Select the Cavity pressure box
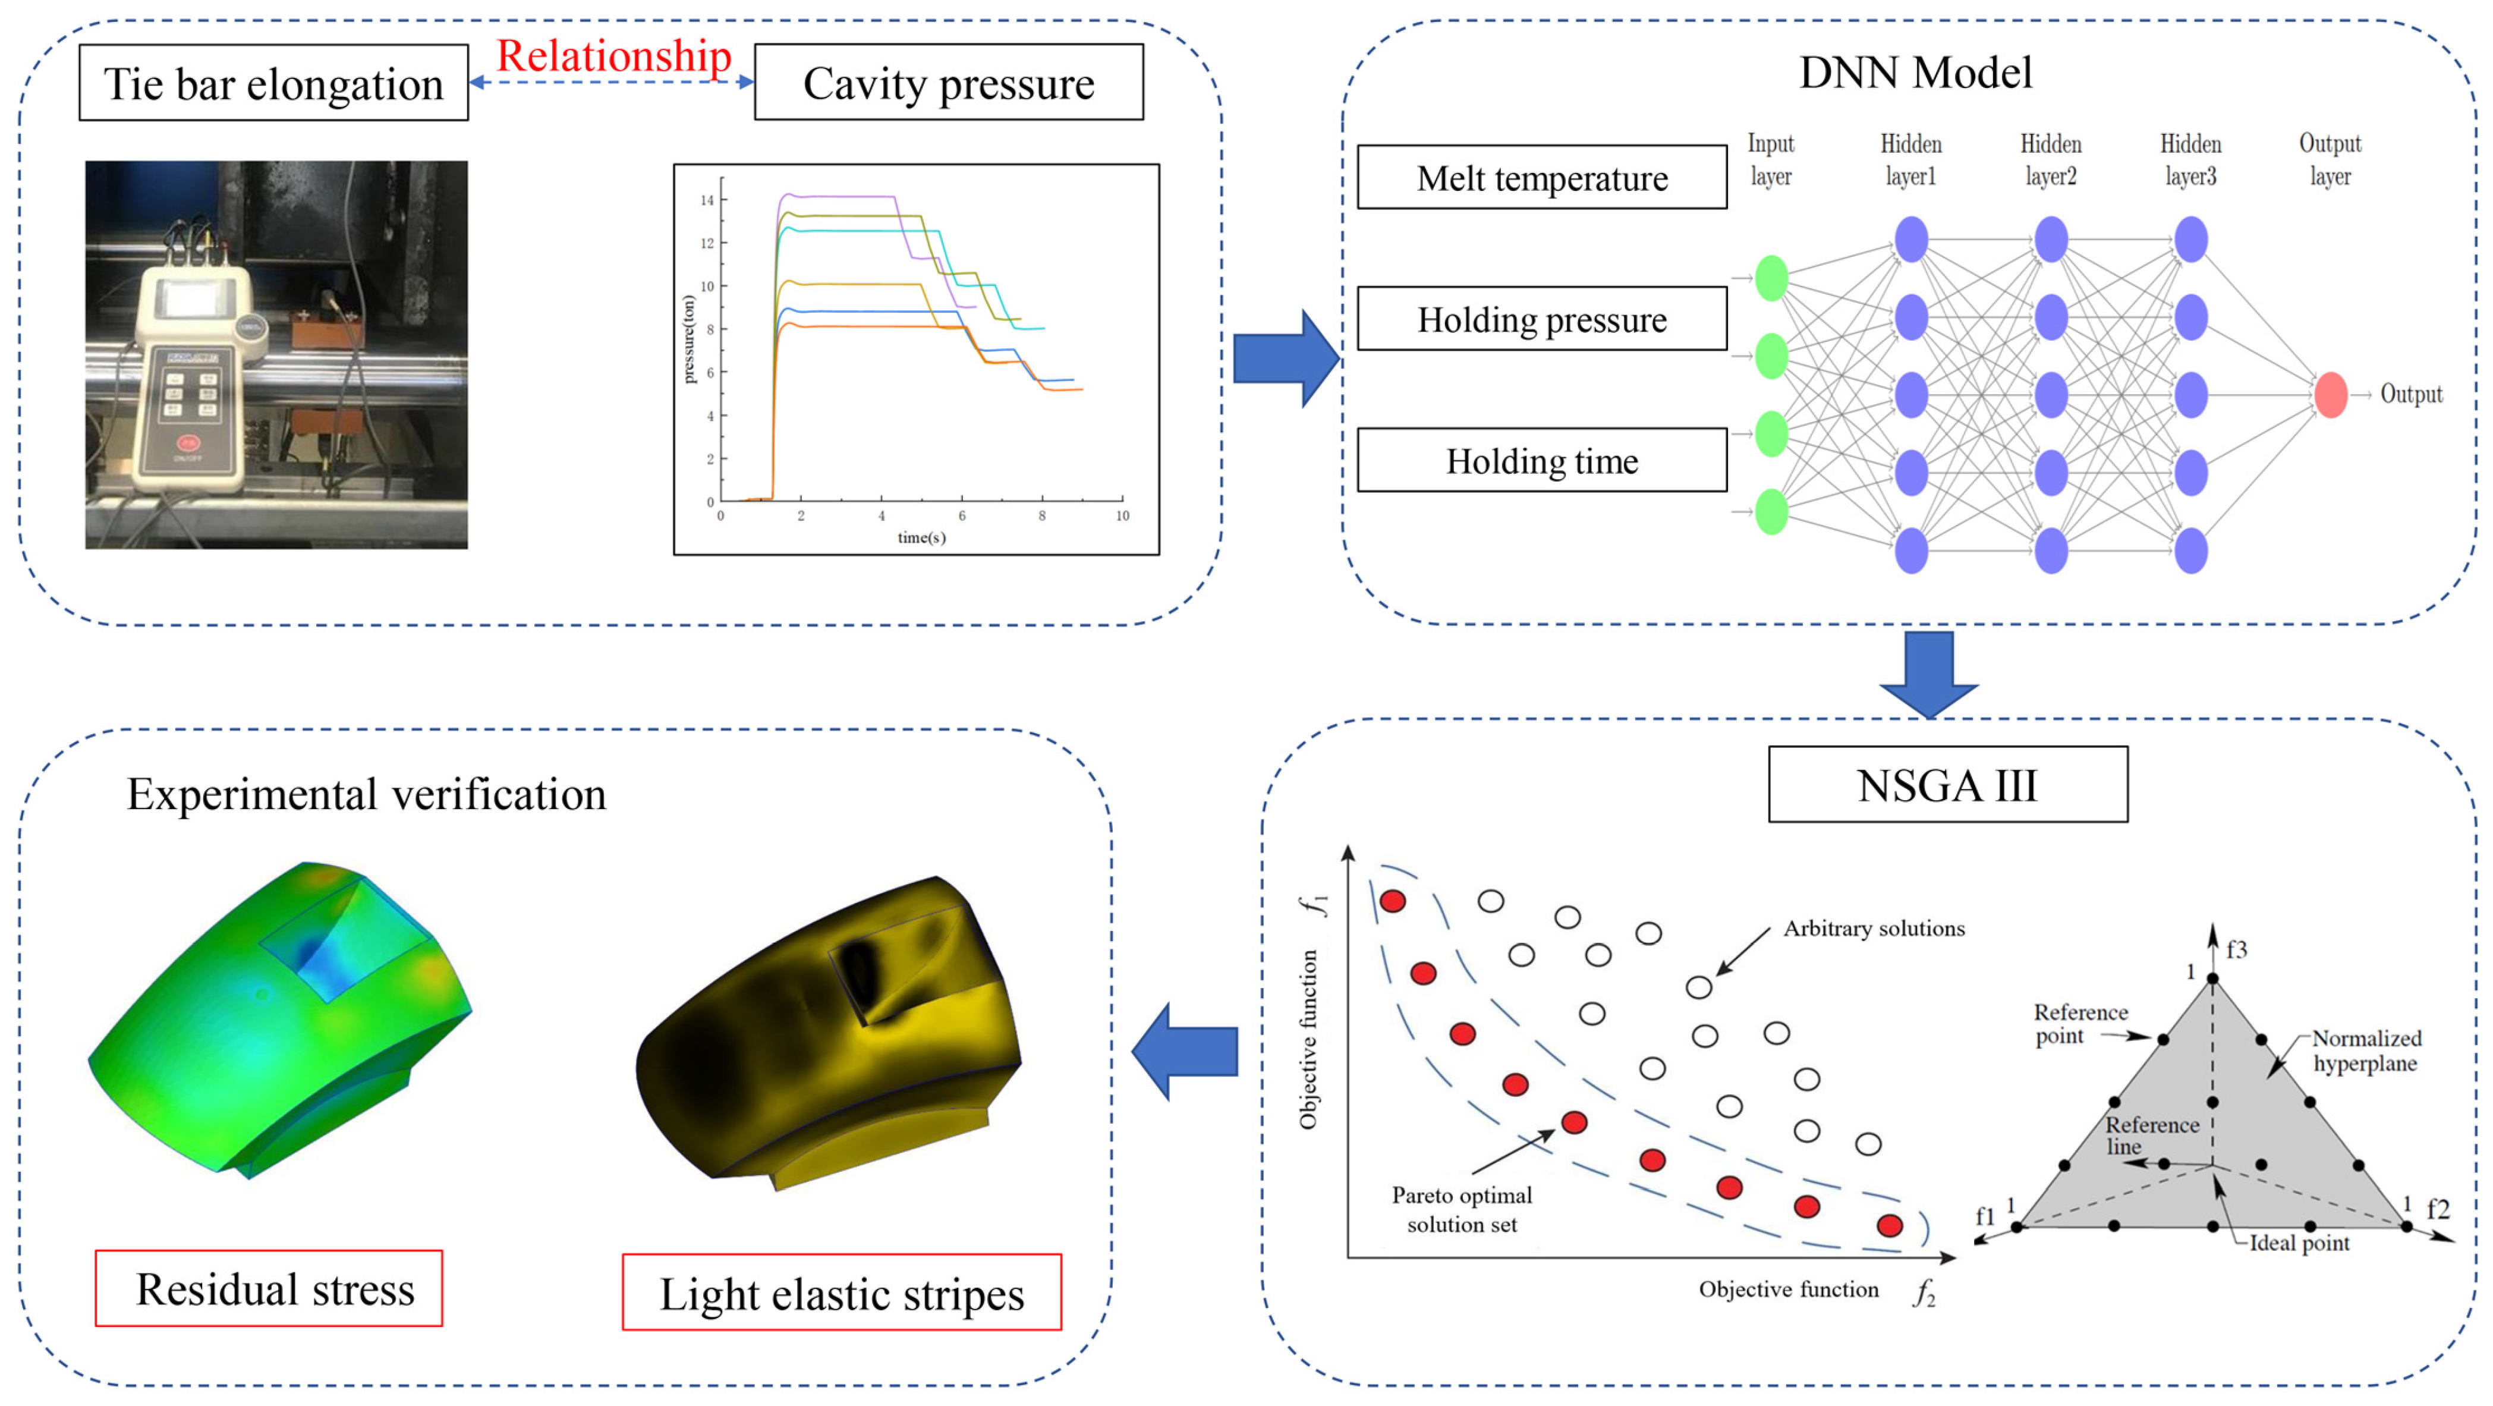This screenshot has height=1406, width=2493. (949, 83)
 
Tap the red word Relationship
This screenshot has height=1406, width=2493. (613, 55)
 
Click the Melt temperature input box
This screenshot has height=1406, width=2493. (1542, 177)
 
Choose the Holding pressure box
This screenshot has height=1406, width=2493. (1542, 319)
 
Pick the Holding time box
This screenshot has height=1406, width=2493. (1542, 461)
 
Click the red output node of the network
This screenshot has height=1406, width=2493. (2330, 395)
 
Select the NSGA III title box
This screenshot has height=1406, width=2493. (1947, 785)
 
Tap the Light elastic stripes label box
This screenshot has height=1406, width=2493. (841, 1293)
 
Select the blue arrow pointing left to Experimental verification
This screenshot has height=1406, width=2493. (1185, 1051)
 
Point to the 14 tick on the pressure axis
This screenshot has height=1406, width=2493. (707, 200)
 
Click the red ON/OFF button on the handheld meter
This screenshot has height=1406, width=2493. (187, 443)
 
